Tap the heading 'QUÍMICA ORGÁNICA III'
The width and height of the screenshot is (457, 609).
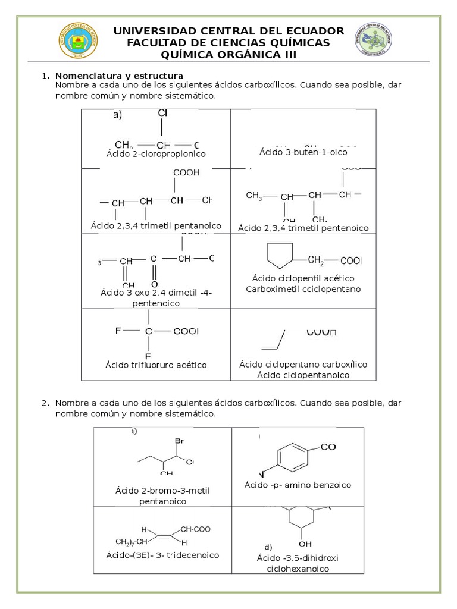[228, 55]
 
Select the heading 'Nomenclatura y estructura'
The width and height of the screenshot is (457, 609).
[119, 76]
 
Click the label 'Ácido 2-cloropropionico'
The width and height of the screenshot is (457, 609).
[156, 154]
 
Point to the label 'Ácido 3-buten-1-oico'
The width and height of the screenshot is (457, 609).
[303, 152]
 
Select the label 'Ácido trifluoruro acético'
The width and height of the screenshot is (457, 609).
[156, 365]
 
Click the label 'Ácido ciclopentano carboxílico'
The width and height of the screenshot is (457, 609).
[303, 364]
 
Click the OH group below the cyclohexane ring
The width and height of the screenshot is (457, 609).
[305, 543]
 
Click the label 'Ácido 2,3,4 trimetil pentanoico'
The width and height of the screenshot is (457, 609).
[156, 226]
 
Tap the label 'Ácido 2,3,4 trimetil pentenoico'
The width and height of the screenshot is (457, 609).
[303, 228]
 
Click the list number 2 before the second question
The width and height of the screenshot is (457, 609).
[45, 403]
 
